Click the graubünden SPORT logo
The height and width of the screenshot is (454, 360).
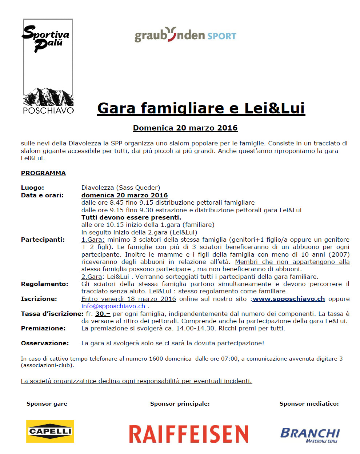pos(185,35)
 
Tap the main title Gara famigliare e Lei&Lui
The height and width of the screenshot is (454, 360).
pos(201,108)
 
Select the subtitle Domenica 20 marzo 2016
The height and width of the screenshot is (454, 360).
pos(185,128)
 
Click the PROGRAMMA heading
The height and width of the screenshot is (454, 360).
pos(43,173)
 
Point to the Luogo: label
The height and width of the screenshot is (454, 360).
pos(32,188)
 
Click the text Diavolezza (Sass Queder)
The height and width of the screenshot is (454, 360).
pos(121,188)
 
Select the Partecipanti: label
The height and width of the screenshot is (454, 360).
pos(43,240)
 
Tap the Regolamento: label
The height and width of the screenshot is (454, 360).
pos(44,284)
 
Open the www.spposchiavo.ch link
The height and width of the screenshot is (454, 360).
pos(289,299)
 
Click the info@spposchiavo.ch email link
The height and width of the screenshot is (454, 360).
pos(113,306)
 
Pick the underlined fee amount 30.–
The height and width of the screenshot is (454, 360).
pos(103,314)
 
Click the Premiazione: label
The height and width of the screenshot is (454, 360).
pos(43,328)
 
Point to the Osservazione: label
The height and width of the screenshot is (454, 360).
pos(45,343)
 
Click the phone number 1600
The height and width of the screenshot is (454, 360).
pos(156,358)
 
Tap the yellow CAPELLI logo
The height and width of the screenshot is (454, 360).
pos(50,431)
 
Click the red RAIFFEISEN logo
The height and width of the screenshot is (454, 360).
pos(189,434)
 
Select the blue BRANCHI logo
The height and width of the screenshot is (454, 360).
pos(310,434)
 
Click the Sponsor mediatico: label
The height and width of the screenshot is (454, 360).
pos(309,403)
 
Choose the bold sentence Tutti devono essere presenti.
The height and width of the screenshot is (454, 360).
pos(131,217)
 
